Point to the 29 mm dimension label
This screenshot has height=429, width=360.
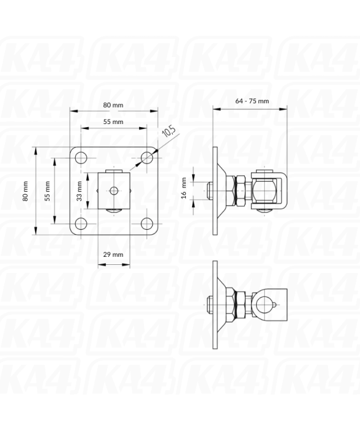coord(113,254)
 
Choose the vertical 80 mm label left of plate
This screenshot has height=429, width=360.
coord(26,190)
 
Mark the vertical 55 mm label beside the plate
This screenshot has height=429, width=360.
coord(47,190)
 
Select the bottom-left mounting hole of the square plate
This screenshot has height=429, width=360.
coord(80,224)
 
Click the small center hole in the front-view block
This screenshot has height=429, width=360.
coord(113,190)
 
